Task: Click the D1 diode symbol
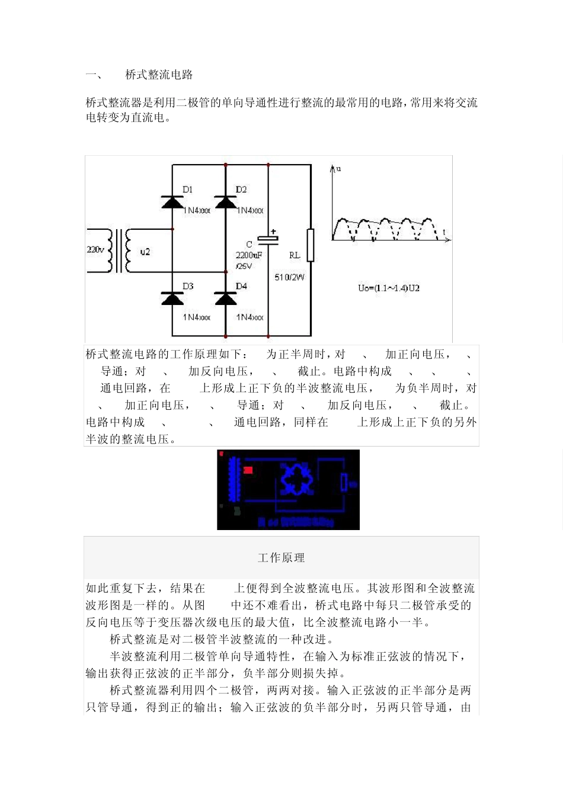[x=172, y=203]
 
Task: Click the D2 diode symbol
[x=225, y=203]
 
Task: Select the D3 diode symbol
[x=172, y=298]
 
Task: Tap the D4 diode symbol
[x=225, y=298]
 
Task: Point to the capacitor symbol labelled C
[x=268, y=239]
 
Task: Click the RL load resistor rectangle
[x=311, y=245]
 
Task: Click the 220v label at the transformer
[x=95, y=250]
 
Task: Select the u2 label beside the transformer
[x=145, y=252]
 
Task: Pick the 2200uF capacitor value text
[x=248, y=255]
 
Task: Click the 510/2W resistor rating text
[x=289, y=277]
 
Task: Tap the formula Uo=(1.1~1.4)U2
[x=389, y=288]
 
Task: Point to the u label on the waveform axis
[x=338, y=169]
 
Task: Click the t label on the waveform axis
[x=444, y=232]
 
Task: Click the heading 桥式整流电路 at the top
[x=159, y=75]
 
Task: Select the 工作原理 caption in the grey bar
[x=281, y=558]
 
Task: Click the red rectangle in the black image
[x=248, y=470]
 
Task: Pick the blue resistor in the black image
[x=344, y=483]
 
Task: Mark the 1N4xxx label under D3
[x=197, y=317]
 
